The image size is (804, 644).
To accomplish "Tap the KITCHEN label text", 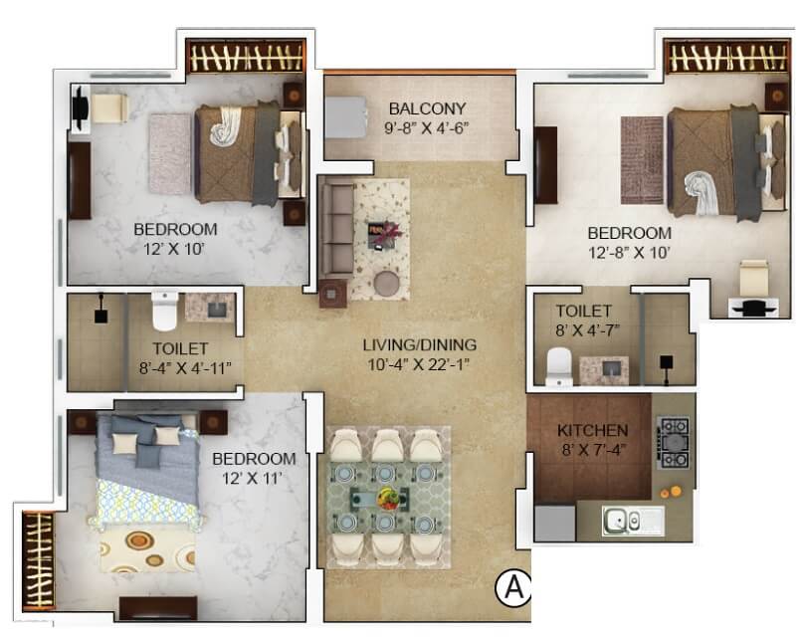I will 592,430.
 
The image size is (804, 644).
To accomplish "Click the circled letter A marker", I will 513,588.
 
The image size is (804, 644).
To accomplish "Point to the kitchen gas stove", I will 673,443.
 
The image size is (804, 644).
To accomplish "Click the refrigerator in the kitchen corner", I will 554,521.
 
